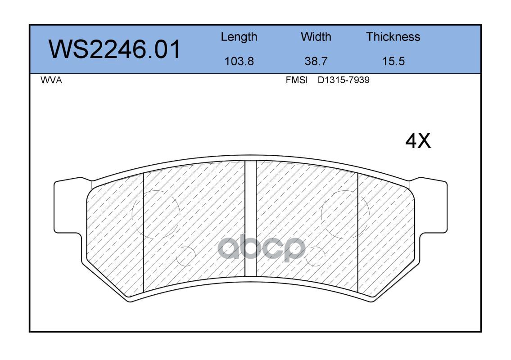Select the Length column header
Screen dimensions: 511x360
coord(239,37)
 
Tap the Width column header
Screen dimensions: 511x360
coord(316,36)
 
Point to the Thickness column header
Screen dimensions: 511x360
coord(393,36)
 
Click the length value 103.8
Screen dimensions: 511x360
coord(239,61)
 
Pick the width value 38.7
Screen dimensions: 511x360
coord(316,61)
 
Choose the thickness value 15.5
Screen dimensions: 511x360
coord(393,61)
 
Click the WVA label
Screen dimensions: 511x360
coord(51,80)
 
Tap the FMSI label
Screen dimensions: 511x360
coord(297,80)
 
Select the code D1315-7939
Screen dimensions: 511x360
coord(344,80)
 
